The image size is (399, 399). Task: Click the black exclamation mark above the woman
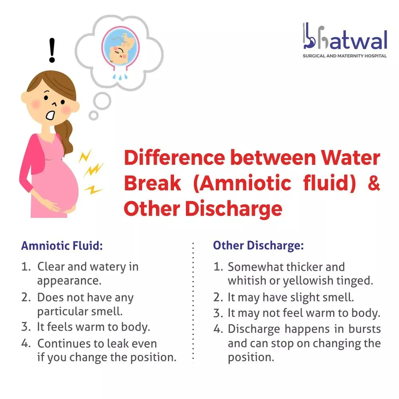52,50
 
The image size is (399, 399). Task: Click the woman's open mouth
50,115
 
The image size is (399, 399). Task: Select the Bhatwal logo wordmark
345,36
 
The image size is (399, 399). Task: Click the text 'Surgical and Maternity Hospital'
345,56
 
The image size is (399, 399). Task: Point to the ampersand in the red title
374,183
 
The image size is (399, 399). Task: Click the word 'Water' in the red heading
350,158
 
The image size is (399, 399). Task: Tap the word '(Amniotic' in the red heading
242,183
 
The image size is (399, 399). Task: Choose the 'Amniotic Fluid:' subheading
62,246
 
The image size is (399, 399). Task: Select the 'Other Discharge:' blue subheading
258,245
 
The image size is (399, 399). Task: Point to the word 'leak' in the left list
118,344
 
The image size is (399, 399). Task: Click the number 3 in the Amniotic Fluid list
26,327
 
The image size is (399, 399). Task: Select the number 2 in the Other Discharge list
218,298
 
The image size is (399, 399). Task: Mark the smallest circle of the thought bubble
94,115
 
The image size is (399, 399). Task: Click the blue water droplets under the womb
120,77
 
